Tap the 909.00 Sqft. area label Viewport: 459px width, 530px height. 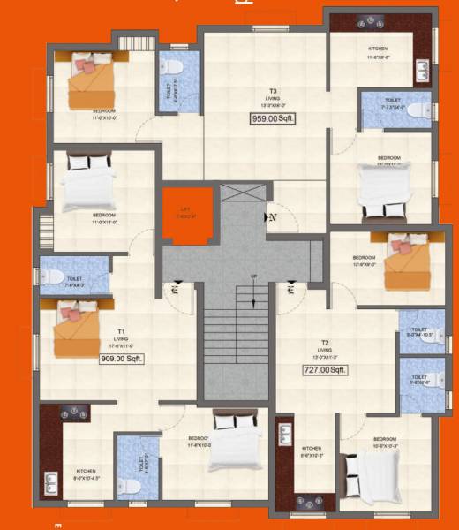coord(122,359)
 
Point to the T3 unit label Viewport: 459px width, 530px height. coord(274,90)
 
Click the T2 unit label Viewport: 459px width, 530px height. coord(325,342)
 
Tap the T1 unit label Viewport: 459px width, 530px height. coord(121,330)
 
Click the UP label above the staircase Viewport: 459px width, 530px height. coord(254,276)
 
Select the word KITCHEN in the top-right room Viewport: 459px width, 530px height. coord(379,49)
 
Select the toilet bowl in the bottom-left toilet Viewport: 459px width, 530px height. coord(128,485)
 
